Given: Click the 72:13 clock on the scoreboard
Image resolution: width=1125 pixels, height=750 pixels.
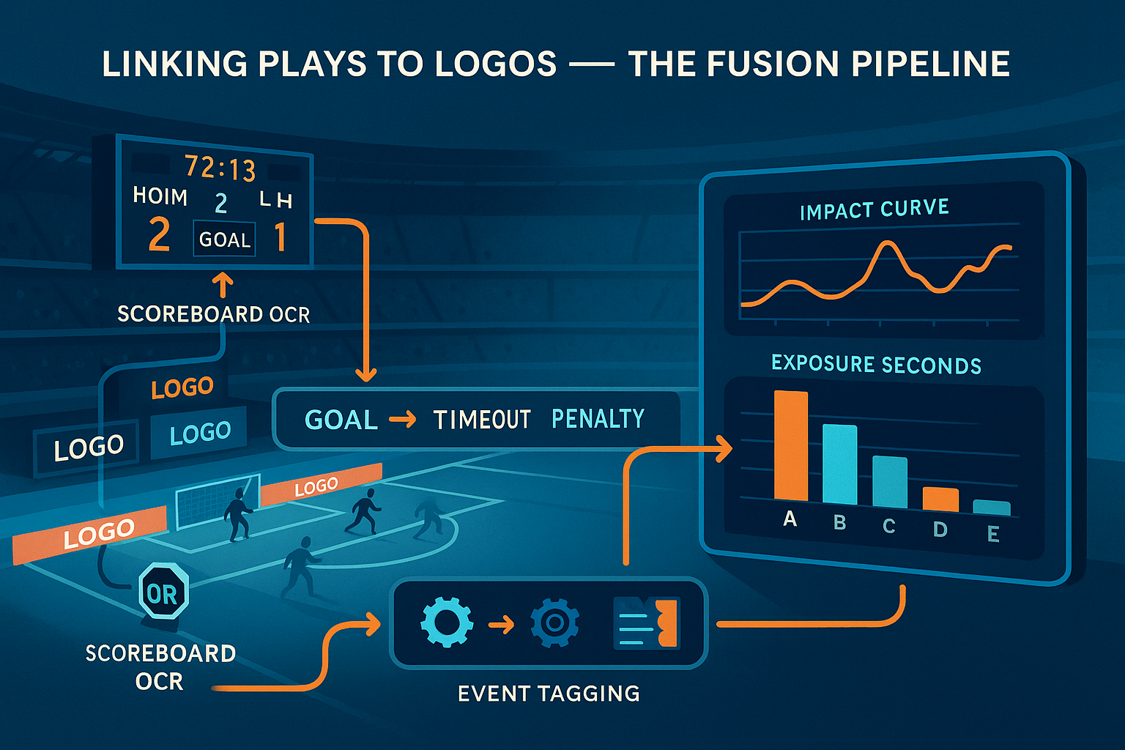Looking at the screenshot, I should coord(220,168).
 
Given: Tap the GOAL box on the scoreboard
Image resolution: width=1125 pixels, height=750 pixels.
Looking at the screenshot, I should coord(224,240).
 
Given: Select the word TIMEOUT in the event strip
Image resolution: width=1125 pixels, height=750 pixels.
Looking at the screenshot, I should coord(482,420).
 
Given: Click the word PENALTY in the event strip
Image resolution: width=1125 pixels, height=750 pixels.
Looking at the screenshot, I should coord(598,418).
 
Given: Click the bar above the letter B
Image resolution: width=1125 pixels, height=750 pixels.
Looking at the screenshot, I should coord(839,464).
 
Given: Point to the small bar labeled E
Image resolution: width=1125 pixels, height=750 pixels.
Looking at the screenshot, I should coord(992,508).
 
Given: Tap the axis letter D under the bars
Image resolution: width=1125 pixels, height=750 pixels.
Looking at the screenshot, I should coord(940,529).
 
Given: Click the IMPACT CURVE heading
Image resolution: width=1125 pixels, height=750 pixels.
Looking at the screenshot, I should coord(874,209).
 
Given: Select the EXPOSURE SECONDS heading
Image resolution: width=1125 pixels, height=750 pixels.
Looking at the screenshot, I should coord(876,364).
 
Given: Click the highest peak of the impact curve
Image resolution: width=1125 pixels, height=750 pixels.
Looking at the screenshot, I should coord(888,243).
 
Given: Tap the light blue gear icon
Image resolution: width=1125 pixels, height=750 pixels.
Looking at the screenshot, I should coord(446,622).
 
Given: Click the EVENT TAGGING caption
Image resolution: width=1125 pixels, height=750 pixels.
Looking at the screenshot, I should coord(549,694).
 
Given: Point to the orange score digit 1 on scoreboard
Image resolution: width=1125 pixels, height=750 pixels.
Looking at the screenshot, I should coord(280,238).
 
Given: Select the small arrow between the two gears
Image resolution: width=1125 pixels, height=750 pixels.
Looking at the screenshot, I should coord(501,625).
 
